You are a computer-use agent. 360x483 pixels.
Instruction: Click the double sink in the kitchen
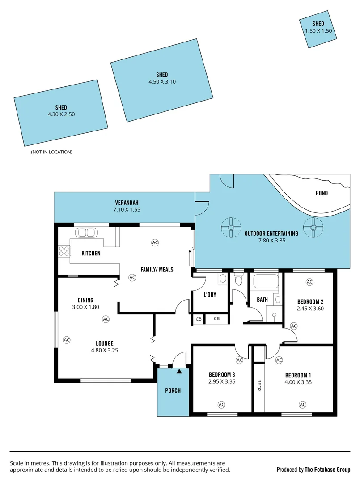click(86, 233)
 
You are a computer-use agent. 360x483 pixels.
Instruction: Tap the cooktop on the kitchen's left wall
click(64, 251)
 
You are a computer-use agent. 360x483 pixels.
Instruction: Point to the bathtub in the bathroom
click(266, 282)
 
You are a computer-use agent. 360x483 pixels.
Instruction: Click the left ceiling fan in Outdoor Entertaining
click(231, 228)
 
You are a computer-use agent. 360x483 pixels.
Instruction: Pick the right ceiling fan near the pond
click(313, 228)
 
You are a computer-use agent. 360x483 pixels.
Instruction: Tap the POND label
click(322, 193)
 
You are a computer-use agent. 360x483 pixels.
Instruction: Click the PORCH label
click(173, 390)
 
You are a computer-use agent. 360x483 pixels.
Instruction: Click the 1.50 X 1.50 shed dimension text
click(318, 30)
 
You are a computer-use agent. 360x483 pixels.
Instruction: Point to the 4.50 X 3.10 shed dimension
click(162, 82)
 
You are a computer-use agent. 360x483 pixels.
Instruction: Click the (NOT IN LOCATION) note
click(51, 152)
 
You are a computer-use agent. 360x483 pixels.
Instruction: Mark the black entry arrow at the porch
click(179, 370)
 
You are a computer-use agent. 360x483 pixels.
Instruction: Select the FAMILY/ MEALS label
click(157, 270)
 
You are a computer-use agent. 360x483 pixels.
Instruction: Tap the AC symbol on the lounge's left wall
click(67, 340)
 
